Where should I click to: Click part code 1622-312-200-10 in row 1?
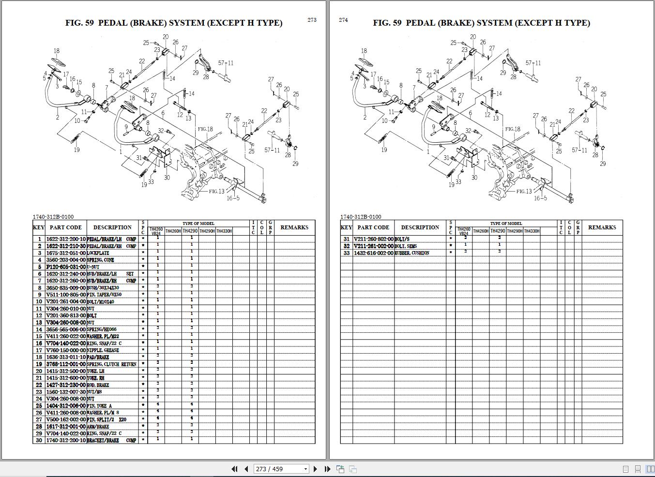pos(66,239)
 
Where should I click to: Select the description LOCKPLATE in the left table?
pos(98,253)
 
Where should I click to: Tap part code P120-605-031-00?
pos(66,267)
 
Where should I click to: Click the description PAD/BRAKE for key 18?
pos(98,357)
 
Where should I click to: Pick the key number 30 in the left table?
pos(39,440)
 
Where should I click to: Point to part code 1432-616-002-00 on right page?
pos(373,253)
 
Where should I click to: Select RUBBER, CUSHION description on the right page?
pos(412,253)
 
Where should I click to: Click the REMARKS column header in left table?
pos(294,227)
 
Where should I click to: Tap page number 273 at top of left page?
pos(312,20)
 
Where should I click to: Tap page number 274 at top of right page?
pos(343,20)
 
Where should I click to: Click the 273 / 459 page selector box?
pos(281,469)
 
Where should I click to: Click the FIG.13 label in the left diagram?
pos(216,191)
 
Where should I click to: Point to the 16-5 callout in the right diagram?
pos(540,198)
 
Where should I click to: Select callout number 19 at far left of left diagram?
pos(76,150)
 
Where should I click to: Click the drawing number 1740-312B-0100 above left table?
pos(53,217)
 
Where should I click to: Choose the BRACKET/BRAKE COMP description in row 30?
pos(111,440)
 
